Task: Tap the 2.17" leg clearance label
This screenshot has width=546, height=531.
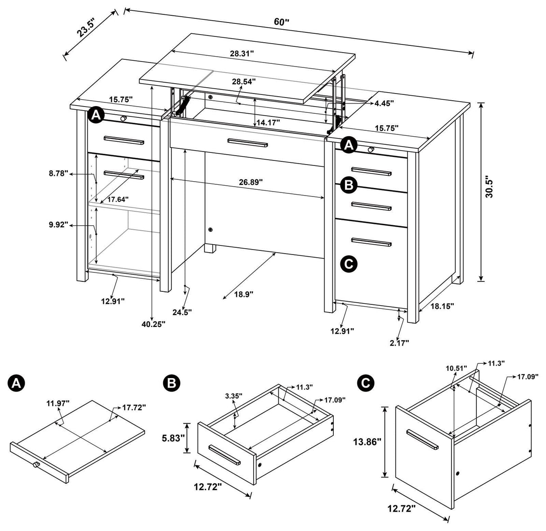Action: tap(399, 343)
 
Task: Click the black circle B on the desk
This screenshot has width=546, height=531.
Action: tap(349, 185)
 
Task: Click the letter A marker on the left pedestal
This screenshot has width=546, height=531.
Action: tap(95, 115)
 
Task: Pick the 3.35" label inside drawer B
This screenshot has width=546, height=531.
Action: tap(234, 396)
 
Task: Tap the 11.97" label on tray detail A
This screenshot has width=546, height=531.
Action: tap(58, 403)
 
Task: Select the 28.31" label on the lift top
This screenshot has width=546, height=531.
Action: tap(242, 53)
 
